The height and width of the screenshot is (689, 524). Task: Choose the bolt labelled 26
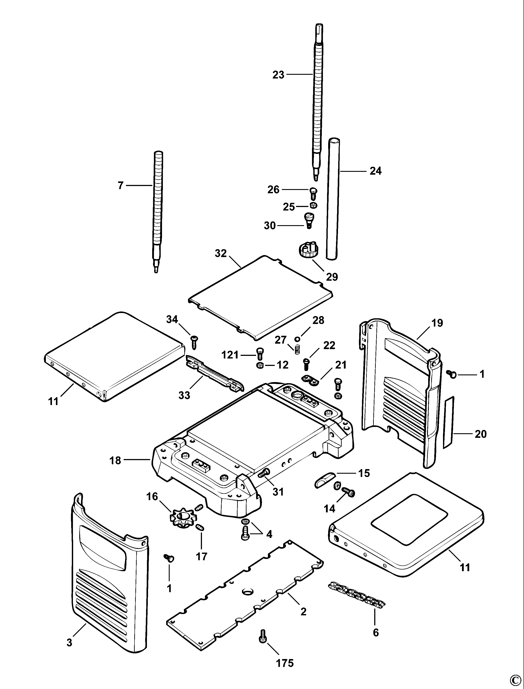[x=313, y=193]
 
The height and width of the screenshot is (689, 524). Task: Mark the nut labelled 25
[x=313, y=205]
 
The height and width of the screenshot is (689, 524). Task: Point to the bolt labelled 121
[x=260, y=353]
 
